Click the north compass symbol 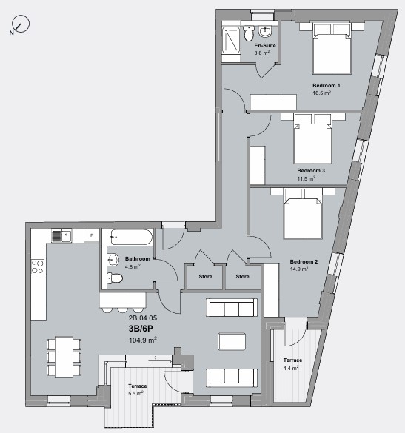pyautogui.click(x=20, y=26)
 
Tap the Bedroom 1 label pyautogui.click(x=326, y=86)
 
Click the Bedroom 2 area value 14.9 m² pyautogui.click(x=304, y=269)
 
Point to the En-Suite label pyautogui.click(x=264, y=46)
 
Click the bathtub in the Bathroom pyautogui.click(x=131, y=237)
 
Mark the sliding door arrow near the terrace pyautogui.click(x=157, y=357)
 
